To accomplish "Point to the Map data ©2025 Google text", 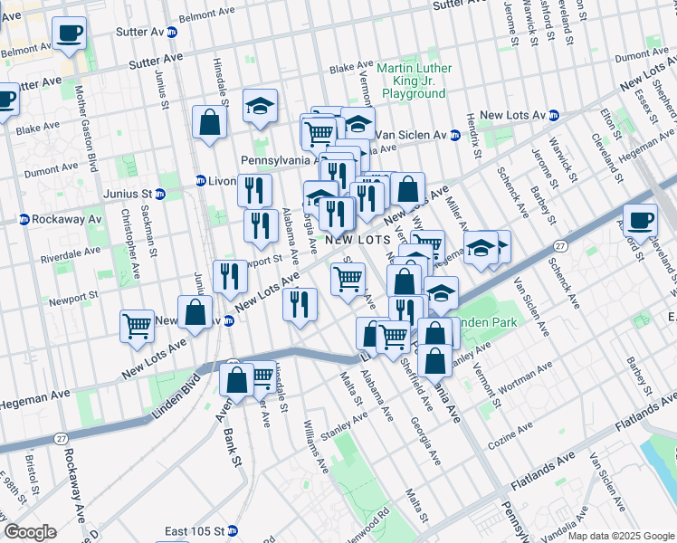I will coord(621,536).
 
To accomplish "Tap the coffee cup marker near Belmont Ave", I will coord(69,34).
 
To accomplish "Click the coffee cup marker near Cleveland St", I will coord(640,220).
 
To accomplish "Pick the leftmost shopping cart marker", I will coord(137,326).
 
